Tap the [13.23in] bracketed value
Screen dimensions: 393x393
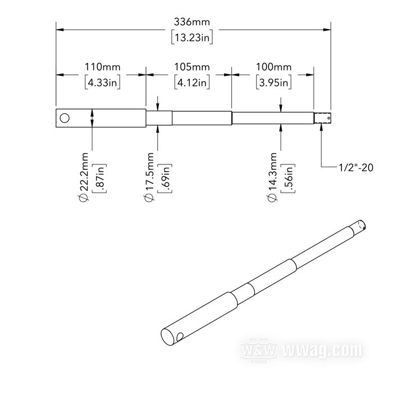pos(192,38)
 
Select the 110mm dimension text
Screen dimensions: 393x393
pos(103,67)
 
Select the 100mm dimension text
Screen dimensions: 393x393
pos(273,67)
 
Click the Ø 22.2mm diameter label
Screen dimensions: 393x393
pos(84,176)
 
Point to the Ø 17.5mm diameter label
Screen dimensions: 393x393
pos(150,176)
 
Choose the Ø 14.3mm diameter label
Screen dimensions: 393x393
pos(273,176)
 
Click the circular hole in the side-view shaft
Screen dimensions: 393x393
pos(65,118)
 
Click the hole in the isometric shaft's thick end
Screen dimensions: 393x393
pos(180,337)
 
